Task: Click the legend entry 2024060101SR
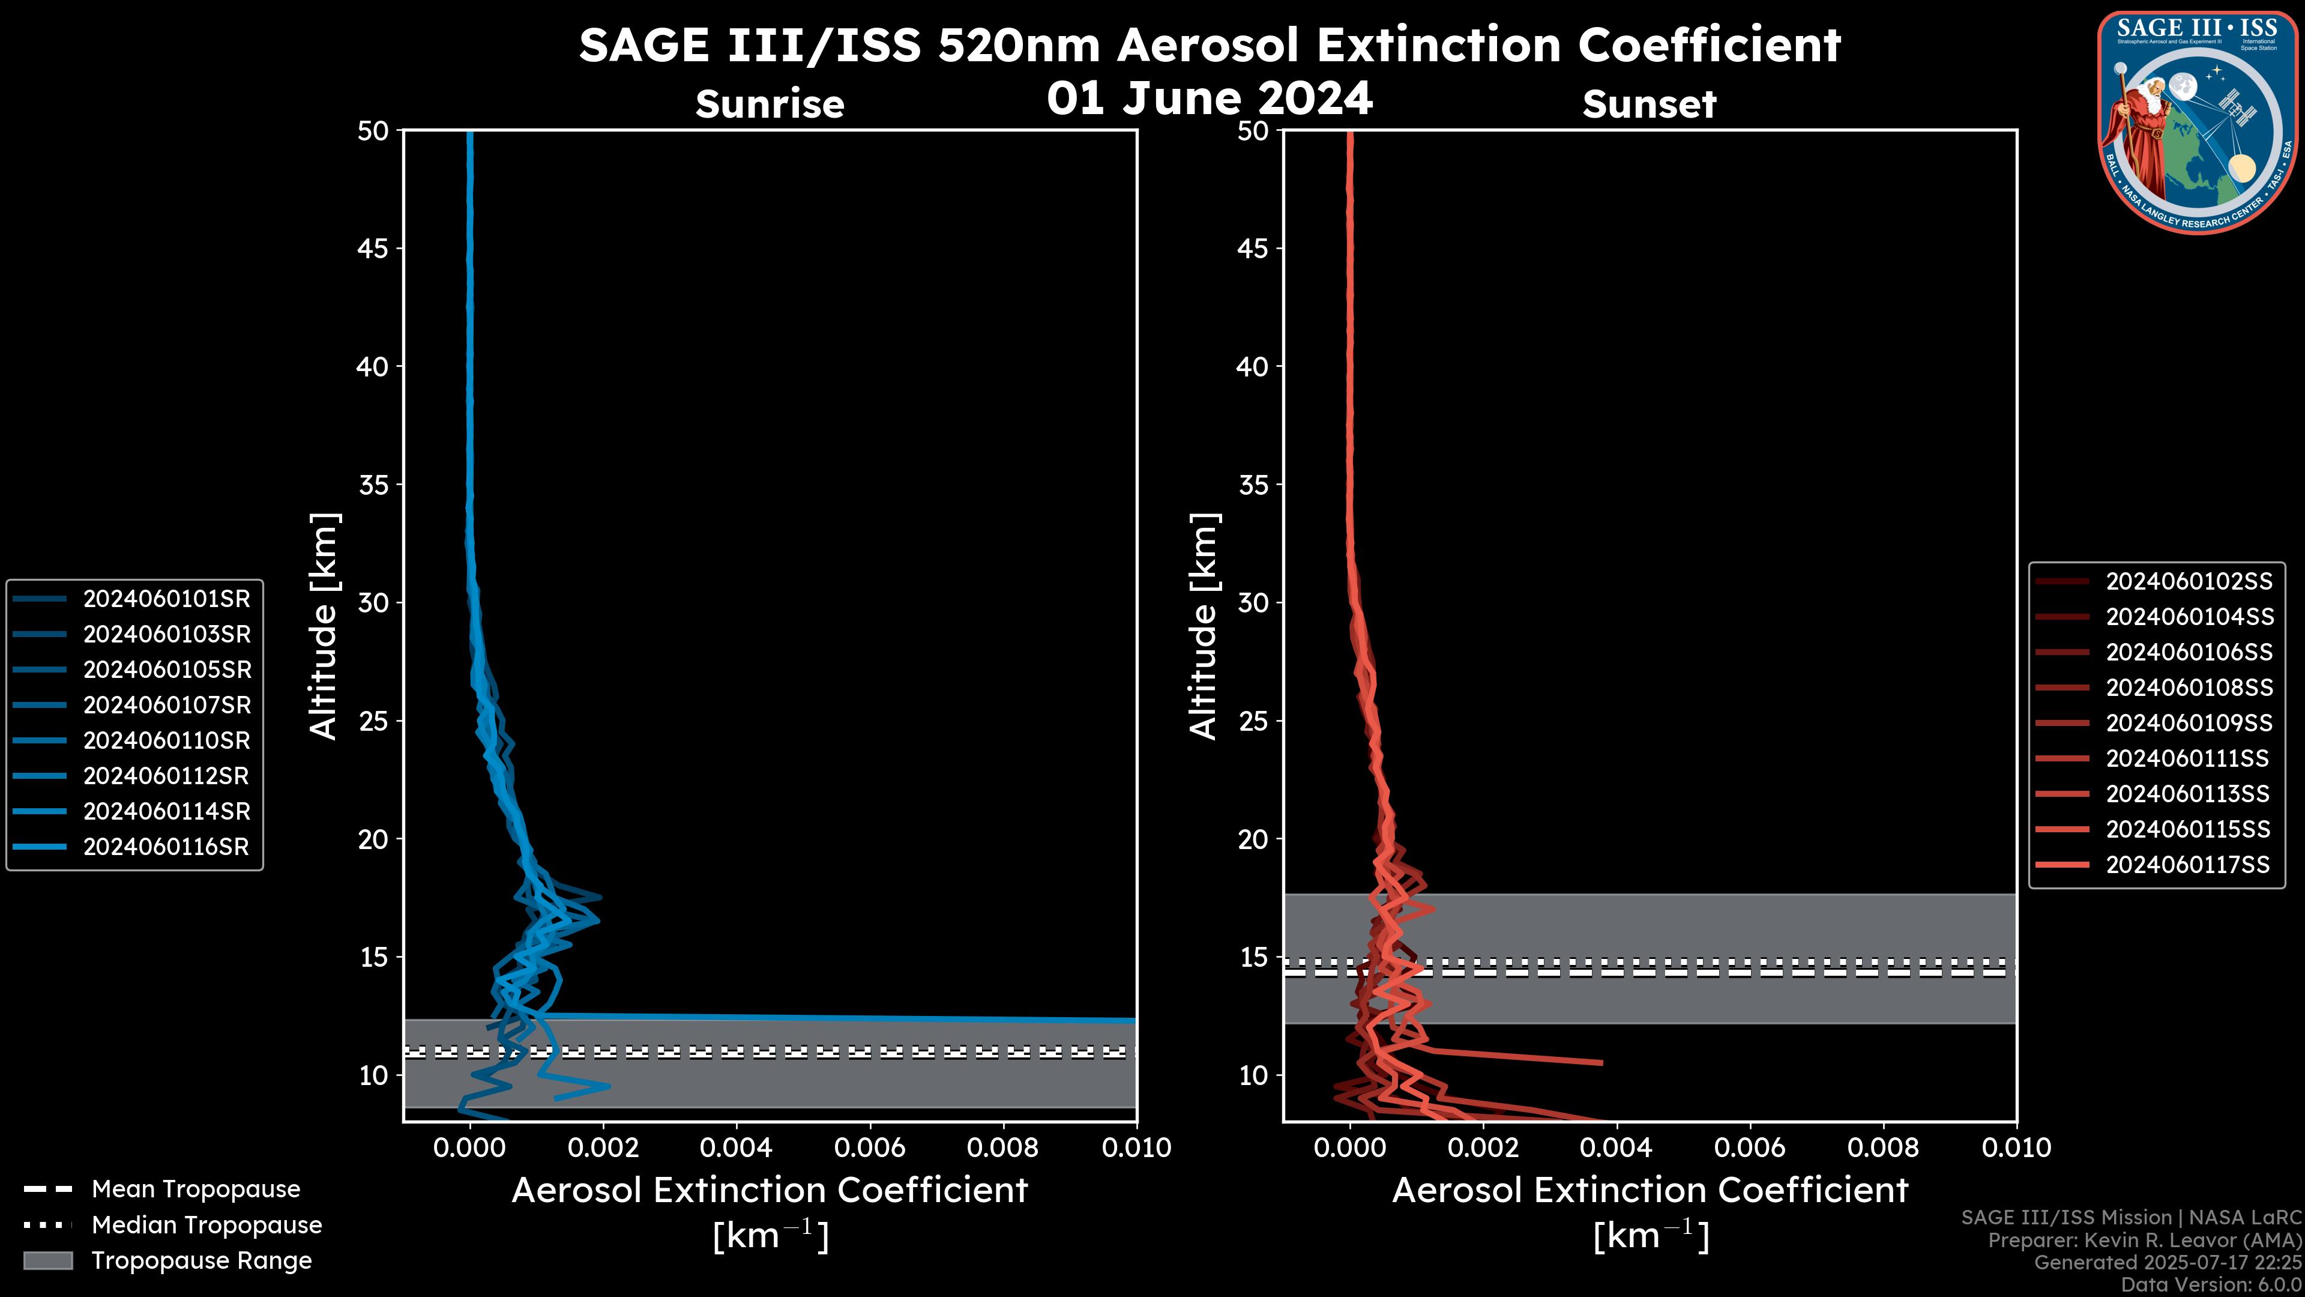[x=166, y=599]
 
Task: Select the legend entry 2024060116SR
[x=166, y=847]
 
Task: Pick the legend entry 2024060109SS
[x=2189, y=723]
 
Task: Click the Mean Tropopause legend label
[x=196, y=1189]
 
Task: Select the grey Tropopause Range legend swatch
[x=47, y=1260]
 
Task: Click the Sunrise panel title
[x=770, y=104]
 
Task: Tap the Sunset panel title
[x=1649, y=104]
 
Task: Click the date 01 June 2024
[x=1209, y=98]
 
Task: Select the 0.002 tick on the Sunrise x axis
[x=604, y=1147]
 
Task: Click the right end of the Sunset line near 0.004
[x=1601, y=1062]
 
